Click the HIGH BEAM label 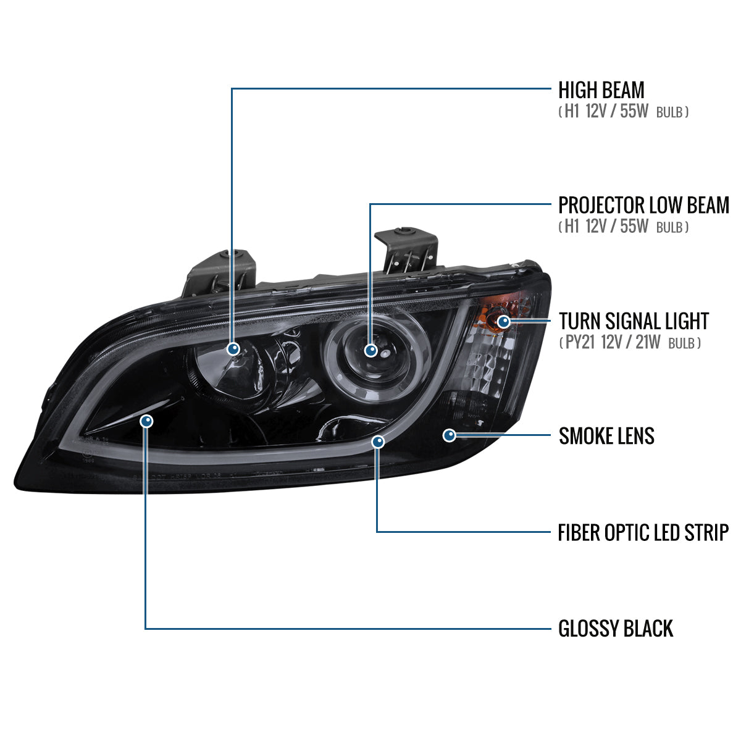(601, 90)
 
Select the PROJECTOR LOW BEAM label (643, 205)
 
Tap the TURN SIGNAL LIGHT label (634, 321)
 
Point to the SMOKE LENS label (606, 436)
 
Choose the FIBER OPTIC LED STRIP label (643, 532)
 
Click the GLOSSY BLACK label (616, 629)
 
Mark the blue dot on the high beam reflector (233, 349)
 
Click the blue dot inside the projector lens (371, 350)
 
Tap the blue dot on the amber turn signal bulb (503, 321)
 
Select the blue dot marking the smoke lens (450, 435)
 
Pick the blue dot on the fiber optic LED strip (378, 442)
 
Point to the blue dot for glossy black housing (146, 421)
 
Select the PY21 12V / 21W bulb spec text (630, 343)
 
